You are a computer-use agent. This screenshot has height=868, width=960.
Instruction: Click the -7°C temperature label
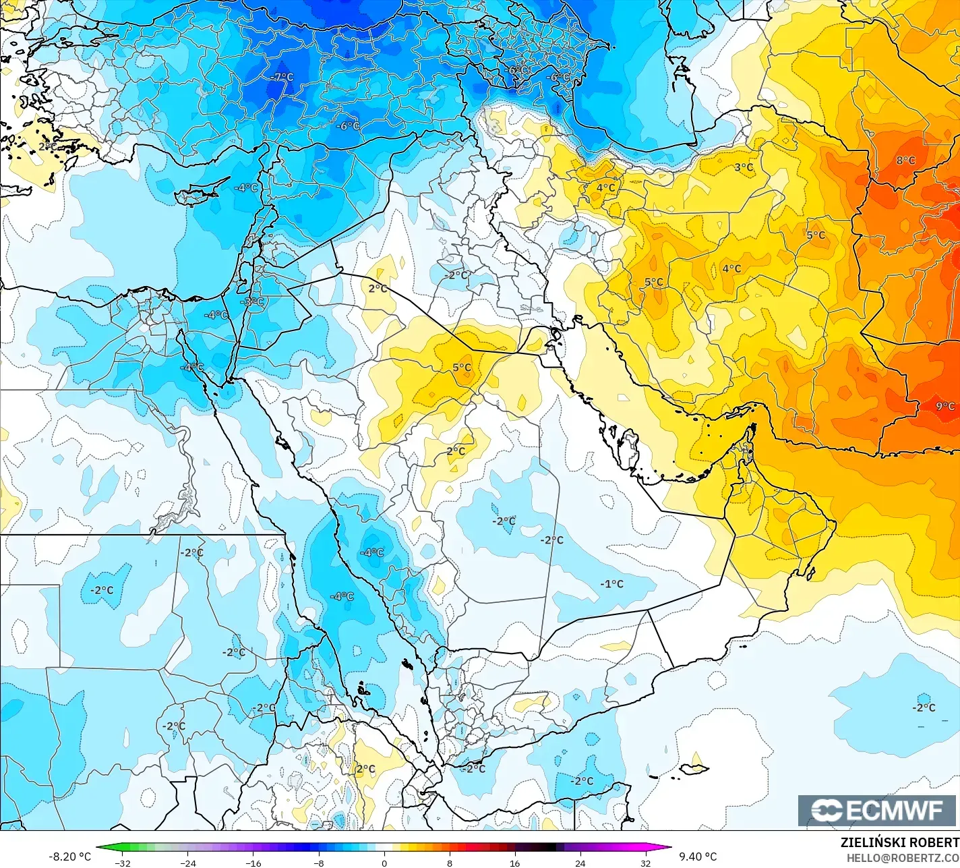pyautogui.click(x=282, y=77)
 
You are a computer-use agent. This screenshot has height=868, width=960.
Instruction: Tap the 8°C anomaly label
pyautogui.click(x=905, y=161)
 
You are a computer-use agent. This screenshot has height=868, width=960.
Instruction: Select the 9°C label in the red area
pyautogui.click(x=945, y=406)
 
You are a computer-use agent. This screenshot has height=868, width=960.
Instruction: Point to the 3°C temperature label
pyautogui.click(x=744, y=167)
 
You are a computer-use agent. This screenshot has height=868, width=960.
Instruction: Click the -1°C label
pyautogui.click(x=612, y=584)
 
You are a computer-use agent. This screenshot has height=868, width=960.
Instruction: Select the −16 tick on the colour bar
pyautogui.click(x=253, y=863)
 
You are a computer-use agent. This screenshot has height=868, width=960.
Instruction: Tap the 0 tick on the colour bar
pyautogui.click(x=384, y=863)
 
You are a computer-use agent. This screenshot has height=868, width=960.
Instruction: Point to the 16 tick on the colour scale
pyautogui.click(x=514, y=863)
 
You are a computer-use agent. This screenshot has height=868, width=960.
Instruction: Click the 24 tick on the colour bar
pyautogui.click(x=580, y=863)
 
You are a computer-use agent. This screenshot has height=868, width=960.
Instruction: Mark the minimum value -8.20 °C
pyautogui.click(x=69, y=857)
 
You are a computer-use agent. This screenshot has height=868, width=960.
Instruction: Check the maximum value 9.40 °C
pyautogui.click(x=698, y=857)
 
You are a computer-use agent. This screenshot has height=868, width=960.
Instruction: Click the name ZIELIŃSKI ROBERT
pyautogui.click(x=899, y=842)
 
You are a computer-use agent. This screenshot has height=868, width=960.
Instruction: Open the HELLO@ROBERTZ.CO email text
pyautogui.click(x=903, y=858)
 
